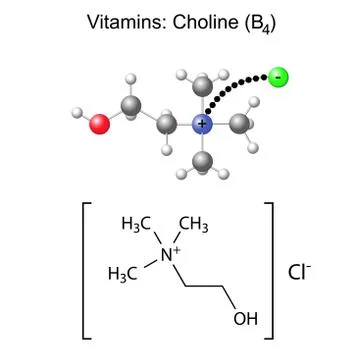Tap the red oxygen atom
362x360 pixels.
(99, 123)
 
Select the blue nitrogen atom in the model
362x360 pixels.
(203, 124)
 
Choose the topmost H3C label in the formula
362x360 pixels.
(135, 225)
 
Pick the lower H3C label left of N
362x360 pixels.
(125, 271)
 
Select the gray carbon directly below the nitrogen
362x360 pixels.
(203, 160)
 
